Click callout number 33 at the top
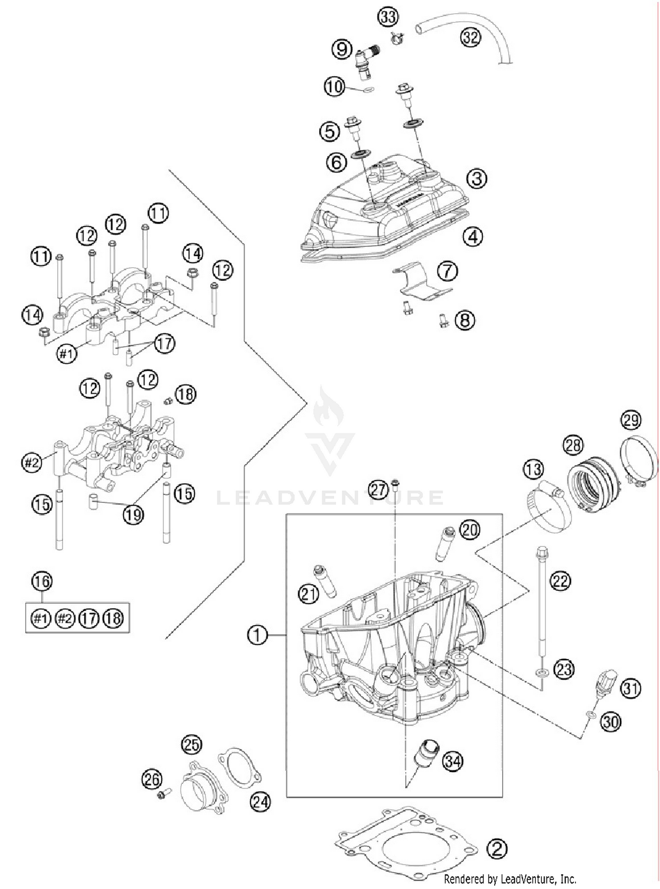[x=388, y=17]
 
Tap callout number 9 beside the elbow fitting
[x=342, y=48]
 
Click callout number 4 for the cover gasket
[x=473, y=237]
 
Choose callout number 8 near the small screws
[x=465, y=320]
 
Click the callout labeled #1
[x=66, y=353]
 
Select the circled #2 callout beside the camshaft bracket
[x=32, y=462]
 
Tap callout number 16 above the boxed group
[x=42, y=581]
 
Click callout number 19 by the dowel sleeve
[x=133, y=514]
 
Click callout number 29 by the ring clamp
[x=630, y=420]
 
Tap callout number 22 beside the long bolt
[x=560, y=581]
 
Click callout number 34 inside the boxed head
[x=453, y=761]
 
